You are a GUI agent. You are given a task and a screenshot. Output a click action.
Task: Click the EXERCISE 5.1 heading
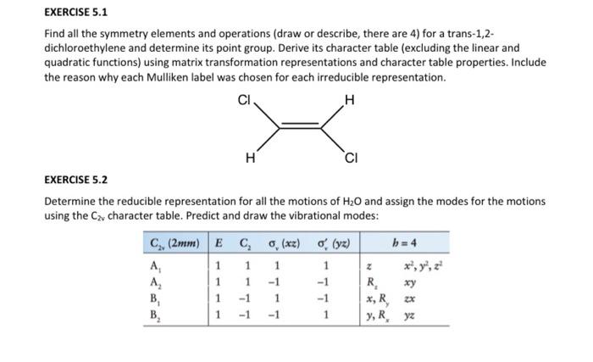[x=75, y=13]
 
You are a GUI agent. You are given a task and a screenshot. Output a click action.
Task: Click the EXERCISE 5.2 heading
[x=75, y=180]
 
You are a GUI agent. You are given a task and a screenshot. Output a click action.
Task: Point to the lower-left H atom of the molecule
[x=248, y=157]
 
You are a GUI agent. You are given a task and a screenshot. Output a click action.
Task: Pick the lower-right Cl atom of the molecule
[x=352, y=158]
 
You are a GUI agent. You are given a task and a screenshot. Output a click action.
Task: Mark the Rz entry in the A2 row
[x=370, y=283]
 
